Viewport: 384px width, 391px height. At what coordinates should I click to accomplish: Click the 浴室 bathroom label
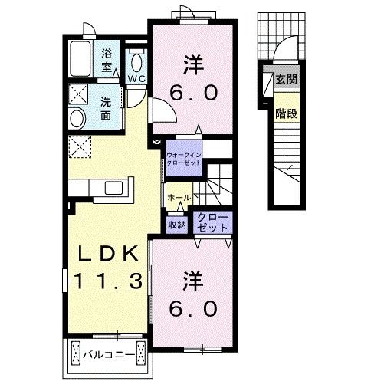(x=107, y=61)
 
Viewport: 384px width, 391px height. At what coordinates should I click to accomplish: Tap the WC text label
(x=136, y=79)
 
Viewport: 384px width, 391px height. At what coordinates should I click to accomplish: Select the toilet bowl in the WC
(x=136, y=62)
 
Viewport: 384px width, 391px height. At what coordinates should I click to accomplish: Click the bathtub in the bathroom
(x=80, y=58)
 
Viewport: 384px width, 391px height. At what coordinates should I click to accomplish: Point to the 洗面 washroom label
(x=106, y=108)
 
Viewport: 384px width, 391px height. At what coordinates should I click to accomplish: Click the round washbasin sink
(x=77, y=118)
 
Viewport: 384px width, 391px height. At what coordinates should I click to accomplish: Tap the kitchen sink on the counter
(x=114, y=188)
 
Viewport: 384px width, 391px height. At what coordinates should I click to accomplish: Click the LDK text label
(x=108, y=253)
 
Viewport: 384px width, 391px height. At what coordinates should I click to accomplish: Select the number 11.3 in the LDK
(x=108, y=281)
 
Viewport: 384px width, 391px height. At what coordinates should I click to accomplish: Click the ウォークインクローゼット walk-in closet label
(x=184, y=159)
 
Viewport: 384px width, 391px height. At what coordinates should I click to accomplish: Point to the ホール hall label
(x=179, y=197)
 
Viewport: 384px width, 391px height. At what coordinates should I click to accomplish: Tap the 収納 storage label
(x=177, y=225)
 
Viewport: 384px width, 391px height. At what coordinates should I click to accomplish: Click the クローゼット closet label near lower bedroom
(x=212, y=222)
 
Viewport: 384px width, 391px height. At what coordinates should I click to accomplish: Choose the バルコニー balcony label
(x=109, y=354)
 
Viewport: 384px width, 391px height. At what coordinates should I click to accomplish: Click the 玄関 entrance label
(x=287, y=79)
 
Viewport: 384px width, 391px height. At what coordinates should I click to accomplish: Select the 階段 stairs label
(x=287, y=113)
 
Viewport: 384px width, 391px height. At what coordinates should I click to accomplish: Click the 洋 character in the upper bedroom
(x=193, y=65)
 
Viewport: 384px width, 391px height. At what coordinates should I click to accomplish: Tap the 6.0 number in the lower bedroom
(x=193, y=308)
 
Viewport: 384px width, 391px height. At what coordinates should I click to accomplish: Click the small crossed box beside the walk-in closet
(x=156, y=142)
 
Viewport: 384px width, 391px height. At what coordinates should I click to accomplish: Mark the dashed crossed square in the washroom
(x=78, y=94)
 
